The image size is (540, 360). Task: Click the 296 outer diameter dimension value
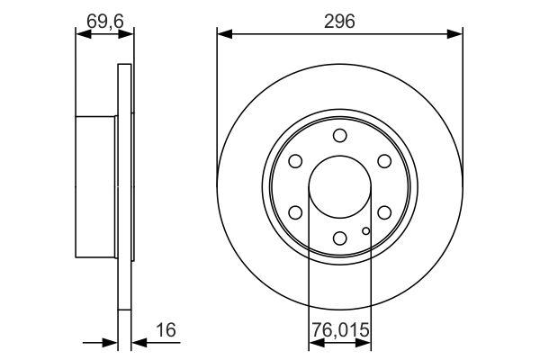click(x=339, y=21)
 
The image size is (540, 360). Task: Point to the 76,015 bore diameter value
click(x=339, y=332)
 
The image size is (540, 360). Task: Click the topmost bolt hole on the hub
click(x=339, y=136)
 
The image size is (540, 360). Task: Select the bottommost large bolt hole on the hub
click(x=339, y=238)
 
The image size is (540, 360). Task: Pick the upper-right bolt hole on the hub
click(x=383, y=161)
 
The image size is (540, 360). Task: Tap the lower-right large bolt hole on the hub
click(x=383, y=212)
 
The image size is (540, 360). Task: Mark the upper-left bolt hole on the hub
click(x=295, y=161)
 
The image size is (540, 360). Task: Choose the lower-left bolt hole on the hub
click(x=295, y=212)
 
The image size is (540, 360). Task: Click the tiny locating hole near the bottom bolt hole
click(x=364, y=232)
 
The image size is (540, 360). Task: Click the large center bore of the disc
click(x=339, y=187)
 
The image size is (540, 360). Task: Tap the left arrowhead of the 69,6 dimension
click(x=81, y=35)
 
